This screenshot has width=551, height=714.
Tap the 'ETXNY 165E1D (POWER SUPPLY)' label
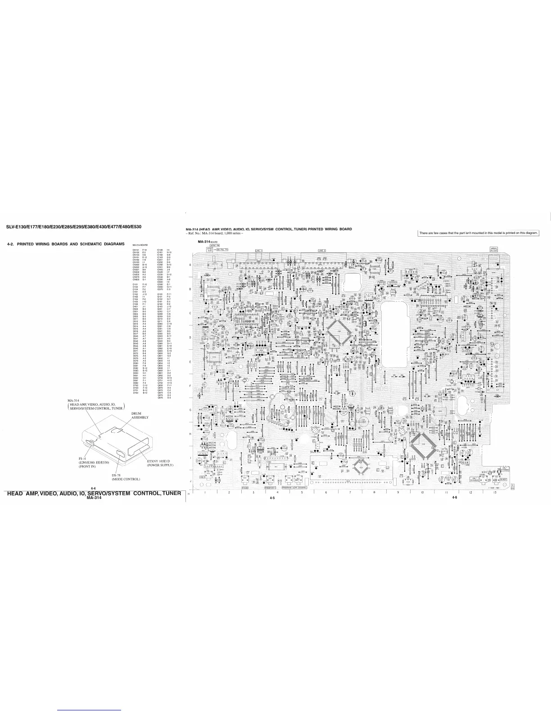point(160,463)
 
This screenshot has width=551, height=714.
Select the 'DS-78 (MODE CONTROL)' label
point(120,477)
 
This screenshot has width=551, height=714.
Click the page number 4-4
point(93,489)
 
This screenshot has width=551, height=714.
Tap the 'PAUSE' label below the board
point(245,488)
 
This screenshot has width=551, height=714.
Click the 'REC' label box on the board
point(203,476)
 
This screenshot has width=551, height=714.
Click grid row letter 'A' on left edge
point(190,265)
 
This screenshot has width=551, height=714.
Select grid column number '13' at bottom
point(494,492)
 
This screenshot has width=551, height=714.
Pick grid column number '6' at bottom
point(325,492)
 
